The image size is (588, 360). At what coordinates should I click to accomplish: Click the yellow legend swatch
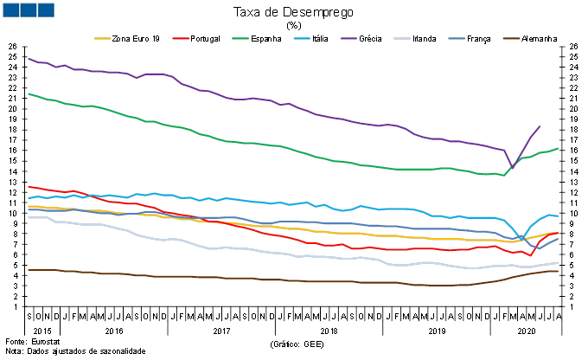coord(102,38)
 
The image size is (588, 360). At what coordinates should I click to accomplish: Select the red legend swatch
coord(181,38)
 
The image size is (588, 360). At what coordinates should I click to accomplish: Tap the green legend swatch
coord(240,38)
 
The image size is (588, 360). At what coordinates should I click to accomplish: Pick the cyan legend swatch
coord(302,38)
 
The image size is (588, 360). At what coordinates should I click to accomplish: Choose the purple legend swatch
coord(349,38)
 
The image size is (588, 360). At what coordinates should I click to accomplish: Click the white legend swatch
coord(402,38)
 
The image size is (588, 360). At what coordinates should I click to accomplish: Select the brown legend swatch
coord(512,38)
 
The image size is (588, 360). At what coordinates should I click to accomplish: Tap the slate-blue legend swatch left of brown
coord(457,38)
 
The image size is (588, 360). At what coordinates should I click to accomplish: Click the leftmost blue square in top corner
coord(10,10)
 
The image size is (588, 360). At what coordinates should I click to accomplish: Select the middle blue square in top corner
coord(28,10)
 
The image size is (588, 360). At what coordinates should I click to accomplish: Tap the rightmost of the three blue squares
coord(45,10)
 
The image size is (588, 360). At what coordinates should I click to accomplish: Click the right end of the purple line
coord(540,126)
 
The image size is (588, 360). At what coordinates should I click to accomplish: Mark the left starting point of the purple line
coord(28,58)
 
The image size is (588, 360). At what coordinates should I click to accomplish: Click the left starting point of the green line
coord(28,93)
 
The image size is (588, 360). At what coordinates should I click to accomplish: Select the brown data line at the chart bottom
coord(259,279)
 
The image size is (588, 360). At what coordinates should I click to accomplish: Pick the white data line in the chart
coord(259,250)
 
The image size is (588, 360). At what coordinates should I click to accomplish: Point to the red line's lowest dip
coord(530,255)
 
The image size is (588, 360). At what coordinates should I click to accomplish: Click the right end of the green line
coord(559,148)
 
